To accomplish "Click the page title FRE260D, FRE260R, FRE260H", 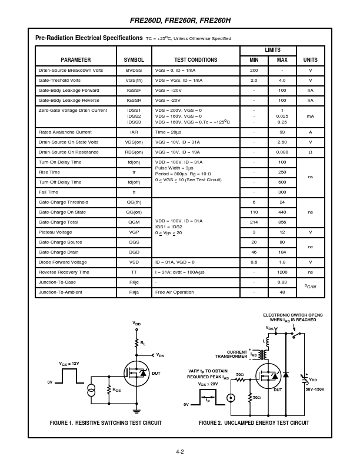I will click(x=180, y=21).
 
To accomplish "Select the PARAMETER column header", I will click(x=76, y=60).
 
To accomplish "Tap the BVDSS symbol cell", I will click(x=134, y=70).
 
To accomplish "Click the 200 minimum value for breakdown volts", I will click(x=254, y=70).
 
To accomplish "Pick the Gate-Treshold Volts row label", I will click(x=59, y=80).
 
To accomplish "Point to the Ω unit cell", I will click(x=310, y=152).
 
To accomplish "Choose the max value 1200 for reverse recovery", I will click(x=282, y=272).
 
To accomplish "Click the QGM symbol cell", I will click(x=134, y=222).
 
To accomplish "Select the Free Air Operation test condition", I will click(x=174, y=292).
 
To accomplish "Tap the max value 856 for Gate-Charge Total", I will click(x=282, y=222).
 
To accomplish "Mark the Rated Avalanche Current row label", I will click(x=65, y=132).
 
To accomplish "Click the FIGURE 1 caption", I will click(x=106, y=423).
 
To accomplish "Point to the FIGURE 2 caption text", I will click(x=254, y=423).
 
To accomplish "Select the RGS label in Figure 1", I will click(x=116, y=390).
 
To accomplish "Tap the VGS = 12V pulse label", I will click(x=69, y=364).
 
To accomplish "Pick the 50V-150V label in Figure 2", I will click(x=315, y=390).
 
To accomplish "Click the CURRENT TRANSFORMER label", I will click(x=231, y=354).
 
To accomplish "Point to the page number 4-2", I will click(x=180, y=452).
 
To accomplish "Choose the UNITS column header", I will click(x=310, y=60).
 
